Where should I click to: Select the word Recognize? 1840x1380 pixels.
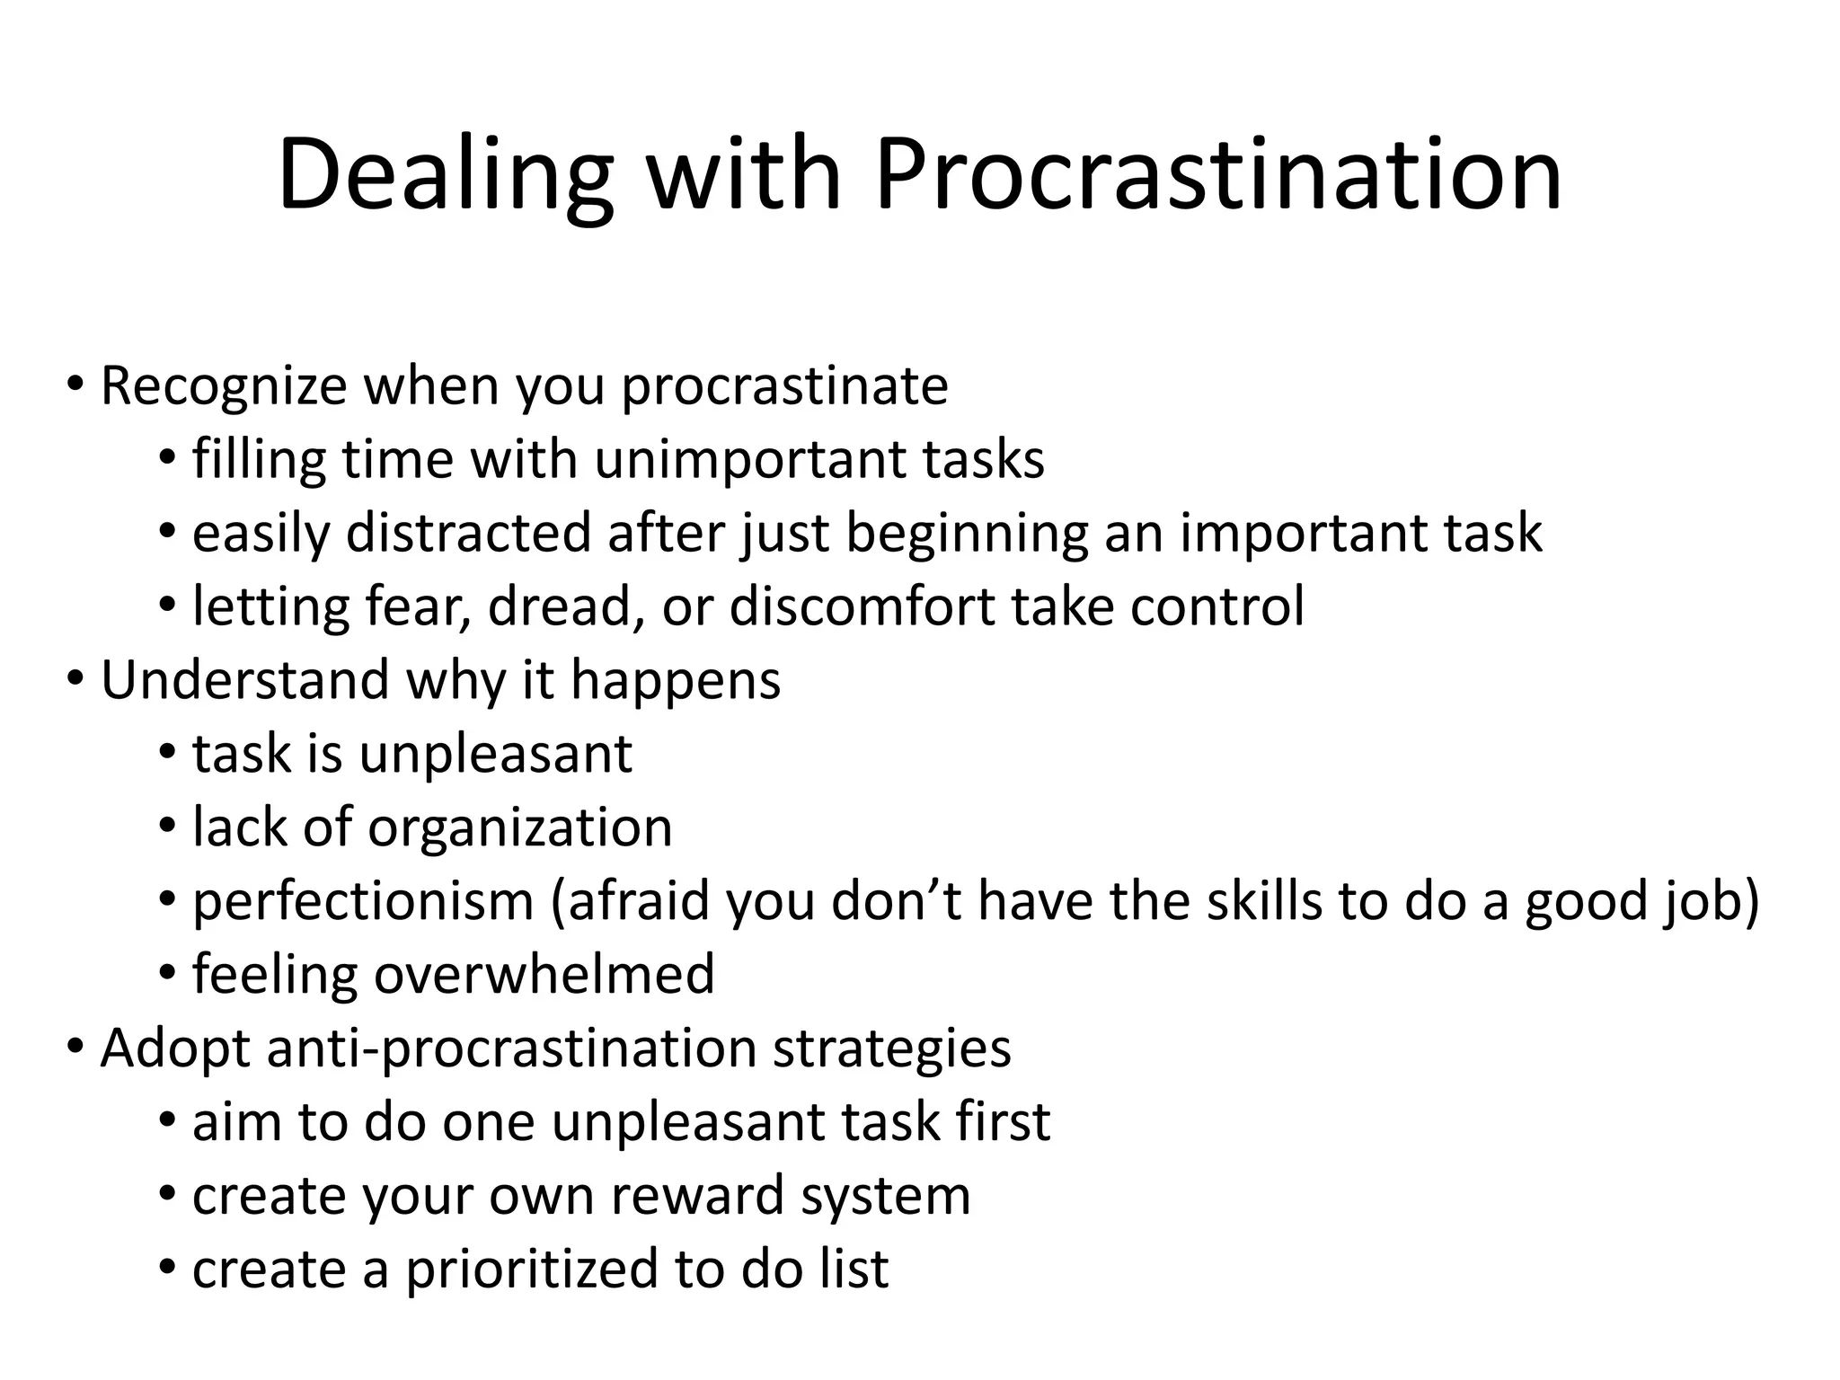pyautogui.click(x=224, y=386)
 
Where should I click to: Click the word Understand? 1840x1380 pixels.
pyautogui.click(x=245, y=680)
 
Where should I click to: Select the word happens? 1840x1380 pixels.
pyautogui.click(x=676, y=680)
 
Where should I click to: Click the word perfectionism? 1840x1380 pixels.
pyautogui.click(x=364, y=901)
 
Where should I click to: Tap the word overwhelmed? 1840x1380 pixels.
pyautogui.click(x=544, y=975)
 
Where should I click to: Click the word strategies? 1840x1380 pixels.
pyautogui.click(x=891, y=1048)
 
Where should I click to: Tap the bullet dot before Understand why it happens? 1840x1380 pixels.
pyautogui.click(x=75, y=677)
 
